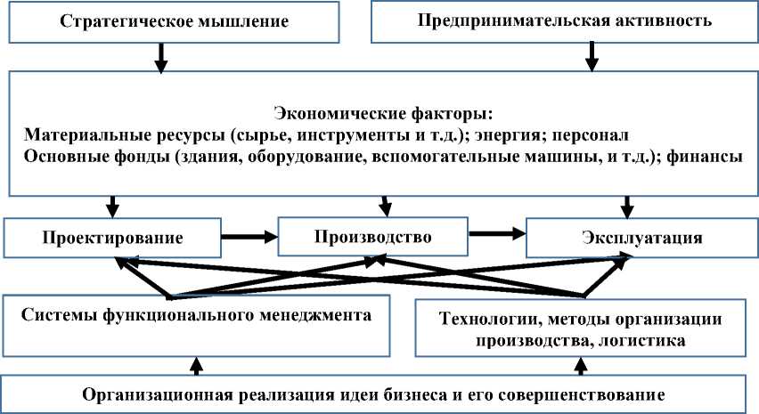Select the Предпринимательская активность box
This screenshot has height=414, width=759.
point(565,21)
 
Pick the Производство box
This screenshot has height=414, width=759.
point(373,238)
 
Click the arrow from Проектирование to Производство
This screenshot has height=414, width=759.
point(249,238)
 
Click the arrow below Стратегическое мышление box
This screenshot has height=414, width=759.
point(161,59)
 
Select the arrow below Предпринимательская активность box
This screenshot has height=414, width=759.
point(589,59)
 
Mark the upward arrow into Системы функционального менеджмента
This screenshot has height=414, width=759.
point(197,364)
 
